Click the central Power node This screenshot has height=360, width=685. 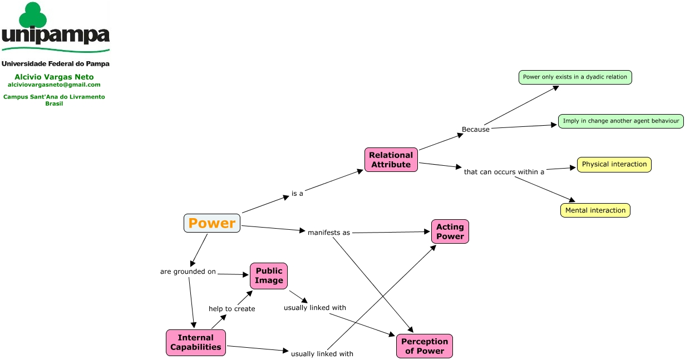(x=212, y=223)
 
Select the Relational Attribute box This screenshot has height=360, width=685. (x=391, y=160)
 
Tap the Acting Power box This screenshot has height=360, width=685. (x=450, y=231)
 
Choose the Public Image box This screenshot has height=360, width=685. (x=269, y=276)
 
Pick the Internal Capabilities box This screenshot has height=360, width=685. (x=196, y=343)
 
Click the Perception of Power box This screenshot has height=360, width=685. (x=425, y=346)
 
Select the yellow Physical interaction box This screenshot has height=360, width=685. (x=614, y=165)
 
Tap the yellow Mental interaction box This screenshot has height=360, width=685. (x=595, y=210)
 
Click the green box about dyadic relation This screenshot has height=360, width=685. (x=575, y=77)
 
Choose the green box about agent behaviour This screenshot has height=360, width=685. (x=621, y=121)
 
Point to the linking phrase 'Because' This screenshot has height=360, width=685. (x=476, y=130)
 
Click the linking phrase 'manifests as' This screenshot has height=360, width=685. (x=329, y=233)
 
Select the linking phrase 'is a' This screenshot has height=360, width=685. (x=297, y=194)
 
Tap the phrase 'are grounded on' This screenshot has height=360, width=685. (x=188, y=272)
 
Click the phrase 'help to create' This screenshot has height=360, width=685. (x=232, y=309)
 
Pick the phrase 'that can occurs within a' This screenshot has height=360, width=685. (x=504, y=172)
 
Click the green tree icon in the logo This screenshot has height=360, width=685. (x=33, y=15)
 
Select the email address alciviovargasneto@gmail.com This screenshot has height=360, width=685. (x=54, y=85)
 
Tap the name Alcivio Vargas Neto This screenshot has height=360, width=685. (x=54, y=77)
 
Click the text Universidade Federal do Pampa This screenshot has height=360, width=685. (x=55, y=63)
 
